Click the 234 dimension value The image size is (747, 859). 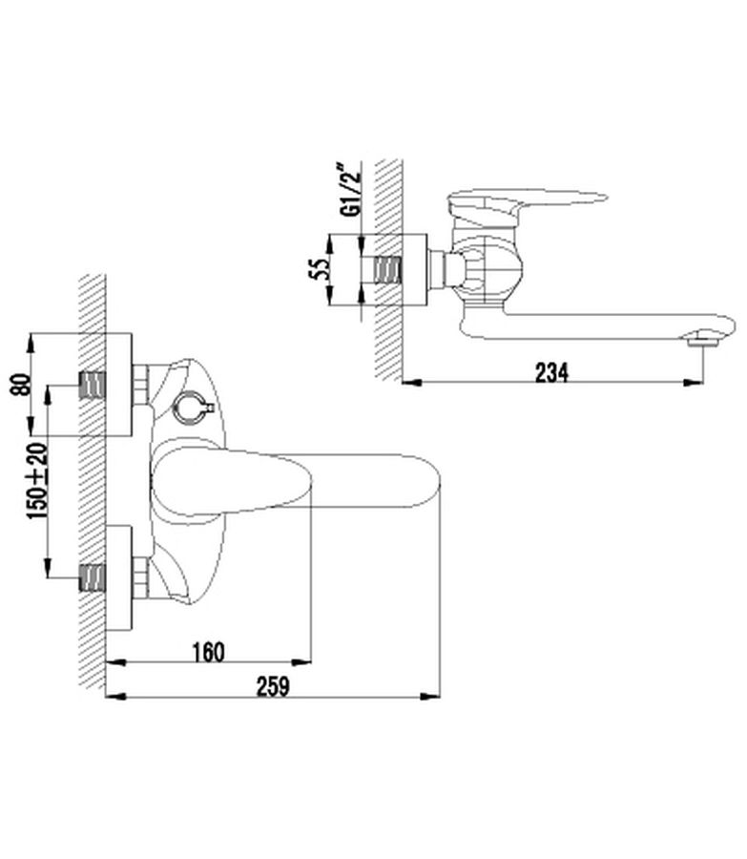click(552, 373)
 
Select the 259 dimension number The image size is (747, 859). click(272, 687)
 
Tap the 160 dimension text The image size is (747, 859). click(209, 653)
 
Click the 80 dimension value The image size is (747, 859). click(20, 384)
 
